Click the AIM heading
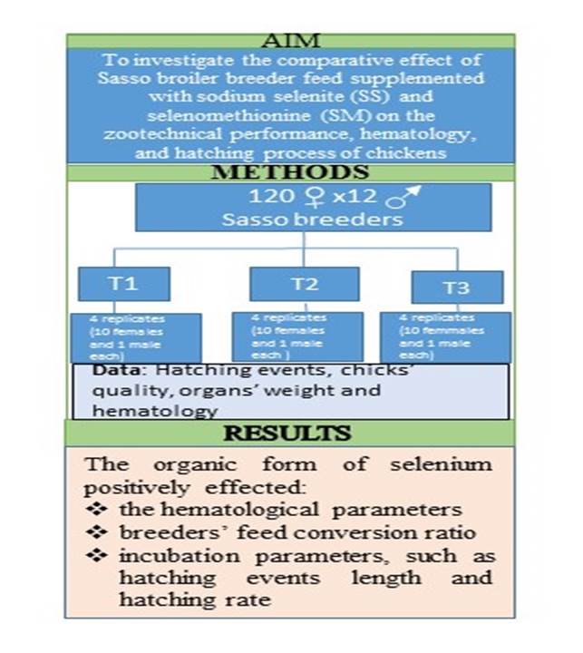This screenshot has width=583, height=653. point(291,41)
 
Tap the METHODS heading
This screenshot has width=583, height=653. point(290,172)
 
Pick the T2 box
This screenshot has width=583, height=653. point(305,284)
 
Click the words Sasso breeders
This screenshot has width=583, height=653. point(313,219)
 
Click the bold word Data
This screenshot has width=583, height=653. point(114,371)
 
